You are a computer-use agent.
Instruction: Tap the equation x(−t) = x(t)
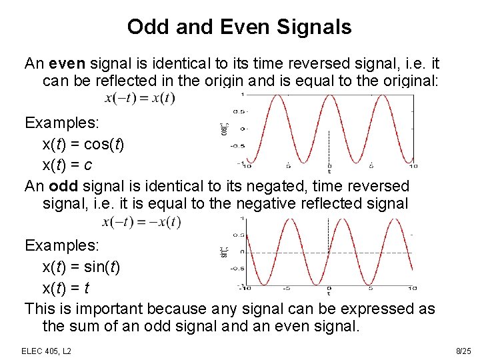tap(140, 98)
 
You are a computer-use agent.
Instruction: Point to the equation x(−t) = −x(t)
tap(141, 222)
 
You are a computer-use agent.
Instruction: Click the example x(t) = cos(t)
tap(83, 145)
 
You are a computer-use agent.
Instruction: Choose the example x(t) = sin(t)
tap(81, 267)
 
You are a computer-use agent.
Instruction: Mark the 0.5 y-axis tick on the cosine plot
tap(237, 111)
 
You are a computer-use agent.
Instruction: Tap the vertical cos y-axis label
tap(225, 128)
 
